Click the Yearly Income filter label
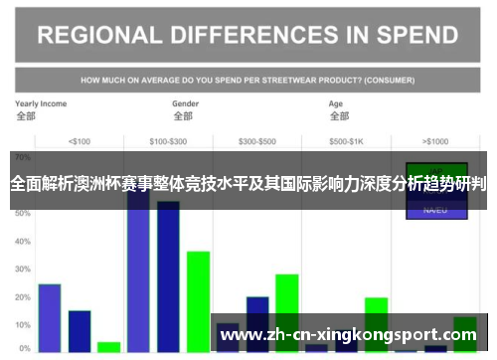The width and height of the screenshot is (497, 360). tap(41, 103)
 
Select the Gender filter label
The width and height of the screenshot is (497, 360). tap(186, 103)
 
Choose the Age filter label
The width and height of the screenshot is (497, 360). tap(336, 103)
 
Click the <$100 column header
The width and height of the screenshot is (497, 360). tap(79, 140)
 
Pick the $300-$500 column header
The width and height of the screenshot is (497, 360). tap(257, 140)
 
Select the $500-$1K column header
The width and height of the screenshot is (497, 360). tap(346, 140)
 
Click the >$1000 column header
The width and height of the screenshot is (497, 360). tap(435, 140)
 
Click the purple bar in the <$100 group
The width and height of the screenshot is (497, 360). tap(50, 317)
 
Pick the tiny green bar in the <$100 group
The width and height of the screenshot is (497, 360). tap(109, 347)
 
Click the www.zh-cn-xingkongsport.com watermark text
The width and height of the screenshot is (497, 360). tap(354, 334)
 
